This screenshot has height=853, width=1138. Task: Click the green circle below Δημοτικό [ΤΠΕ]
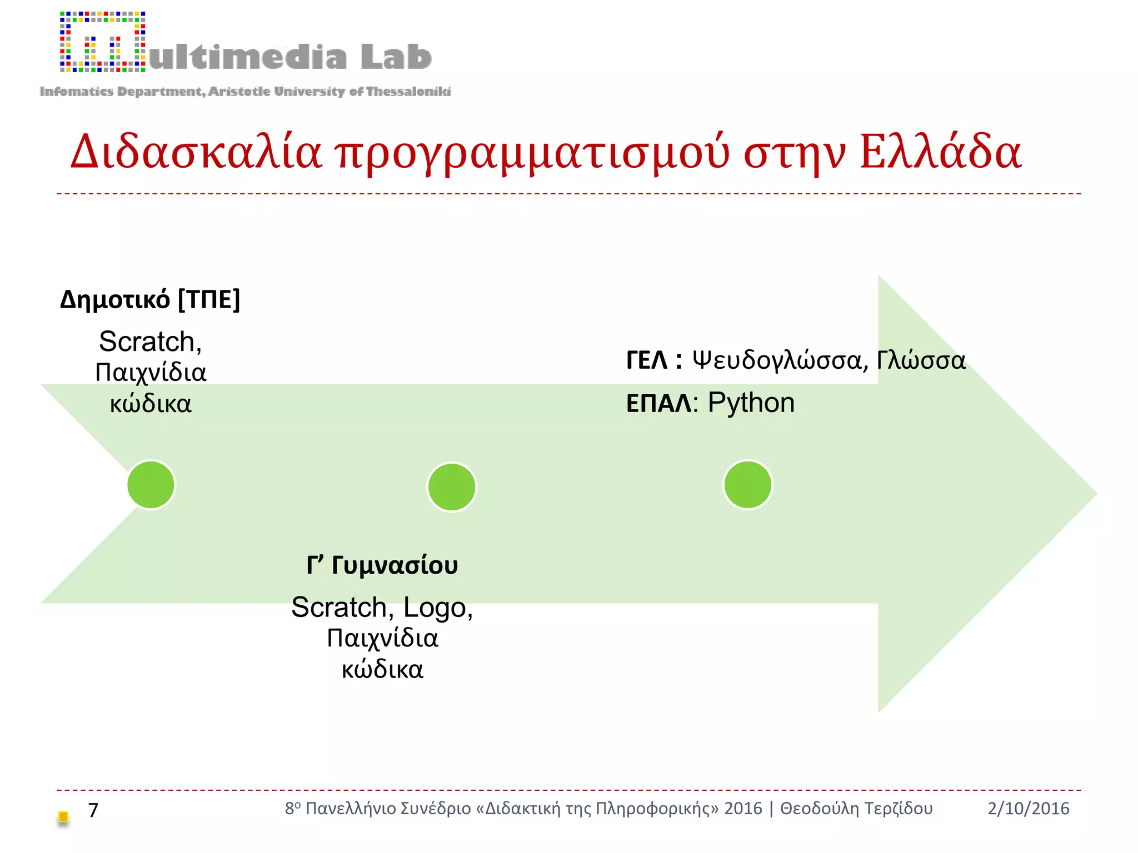[151, 484]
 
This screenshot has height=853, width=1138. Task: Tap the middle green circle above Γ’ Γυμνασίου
[452, 486]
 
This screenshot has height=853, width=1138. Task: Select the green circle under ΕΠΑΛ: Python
[747, 484]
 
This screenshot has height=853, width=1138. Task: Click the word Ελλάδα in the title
[940, 152]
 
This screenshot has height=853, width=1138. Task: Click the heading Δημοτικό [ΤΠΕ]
[150, 300]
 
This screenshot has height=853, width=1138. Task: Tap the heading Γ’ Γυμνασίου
[382, 565]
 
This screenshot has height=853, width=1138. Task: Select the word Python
[751, 403]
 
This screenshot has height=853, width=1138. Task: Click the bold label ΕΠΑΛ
[658, 404]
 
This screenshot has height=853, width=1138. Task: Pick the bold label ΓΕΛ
[647, 360]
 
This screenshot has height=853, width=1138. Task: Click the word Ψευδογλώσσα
[776, 361]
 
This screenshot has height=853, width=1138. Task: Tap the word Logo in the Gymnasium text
[435, 608]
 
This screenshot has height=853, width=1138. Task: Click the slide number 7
[93, 810]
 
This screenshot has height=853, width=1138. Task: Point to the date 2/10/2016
[1028, 809]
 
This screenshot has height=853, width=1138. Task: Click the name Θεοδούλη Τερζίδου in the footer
[856, 809]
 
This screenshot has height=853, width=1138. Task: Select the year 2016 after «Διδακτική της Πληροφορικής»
[743, 809]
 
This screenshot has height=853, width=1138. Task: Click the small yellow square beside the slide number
[63, 816]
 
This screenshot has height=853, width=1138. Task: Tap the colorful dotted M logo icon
[103, 42]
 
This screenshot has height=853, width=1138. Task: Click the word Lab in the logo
[396, 57]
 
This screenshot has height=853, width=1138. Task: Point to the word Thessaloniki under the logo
[408, 92]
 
